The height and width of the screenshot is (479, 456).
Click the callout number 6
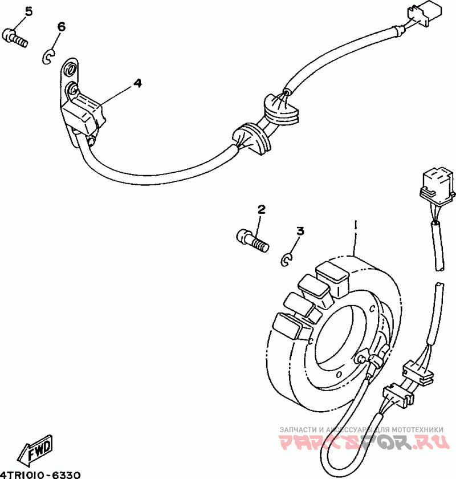pos(61,27)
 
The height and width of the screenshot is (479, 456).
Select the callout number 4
pos(137,83)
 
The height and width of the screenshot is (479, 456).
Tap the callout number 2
pos(261,209)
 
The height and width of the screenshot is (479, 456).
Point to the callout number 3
pos(300,231)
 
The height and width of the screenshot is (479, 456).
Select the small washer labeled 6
pos(48,56)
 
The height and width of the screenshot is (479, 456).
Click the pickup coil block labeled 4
pos(84,113)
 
